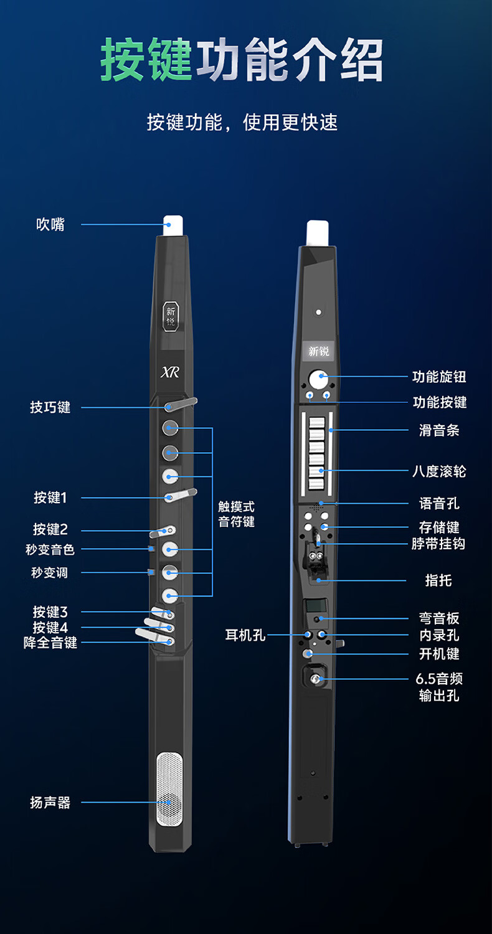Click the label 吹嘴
(x=50, y=224)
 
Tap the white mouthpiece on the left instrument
(x=173, y=225)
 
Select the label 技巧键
(x=50, y=407)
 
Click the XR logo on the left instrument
(x=170, y=372)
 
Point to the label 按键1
(x=50, y=498)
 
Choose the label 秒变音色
(x=50, y=549)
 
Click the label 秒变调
(x=50, y=572)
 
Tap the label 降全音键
(x=50, y=643)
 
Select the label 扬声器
(x=50, y=803)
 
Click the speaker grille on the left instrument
(x=169, y=789)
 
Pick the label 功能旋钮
(x=439, y=377)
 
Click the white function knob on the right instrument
(x=318, y=376)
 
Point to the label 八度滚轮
(x=439, y=471)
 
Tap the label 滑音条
(x=439, y=430)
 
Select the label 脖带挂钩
(x=438, y=544)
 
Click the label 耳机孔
(x=245, y=635)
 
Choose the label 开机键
(x=439, y=654)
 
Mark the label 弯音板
(x=439, y=618)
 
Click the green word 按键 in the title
(x=146, y=60)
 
